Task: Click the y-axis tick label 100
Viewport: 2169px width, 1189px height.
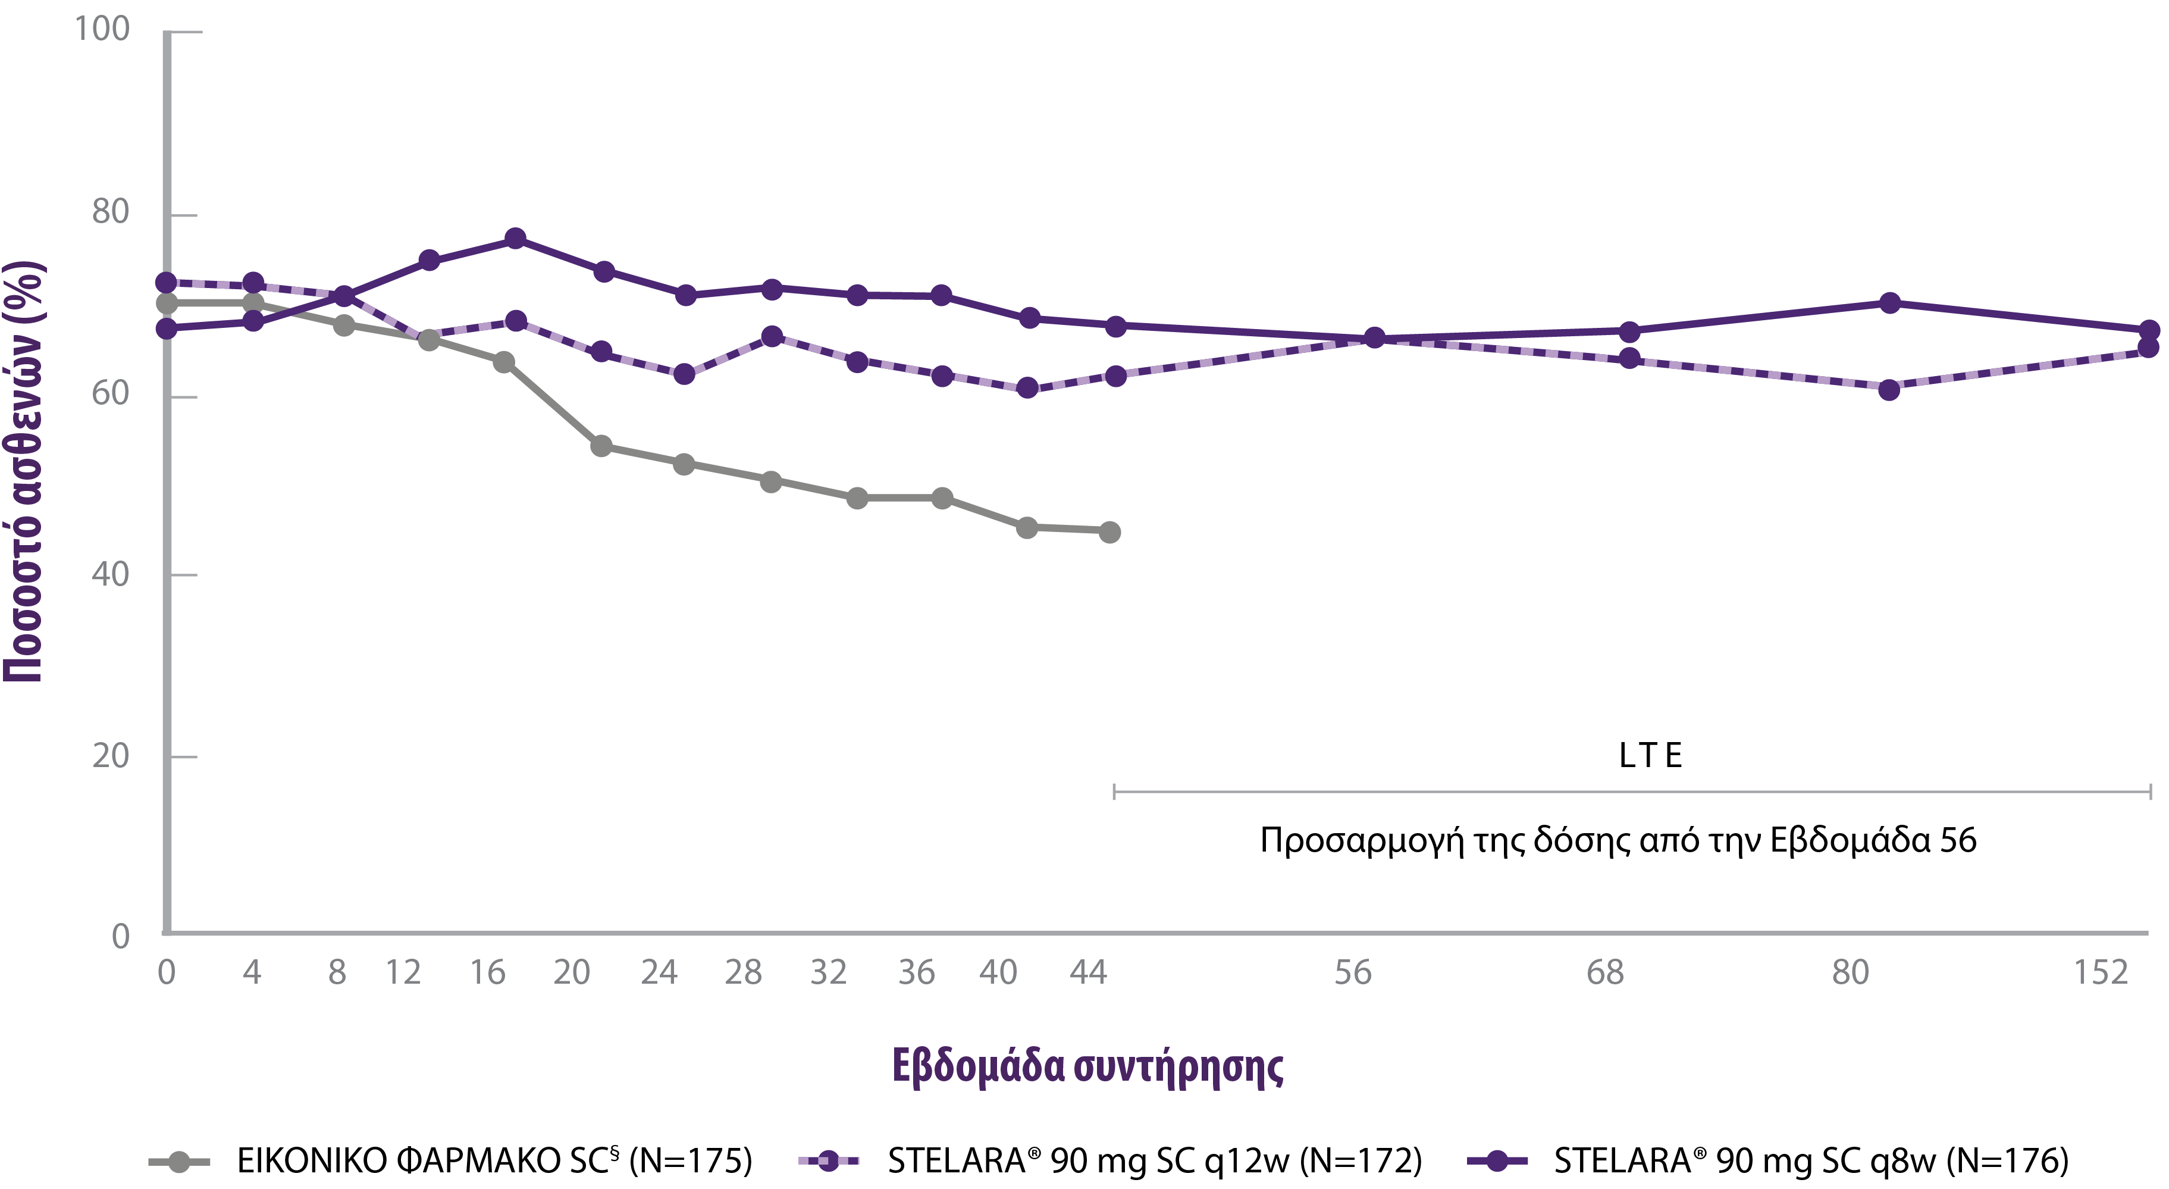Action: point(102,30)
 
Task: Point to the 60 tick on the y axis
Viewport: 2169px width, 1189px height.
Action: point(110,393)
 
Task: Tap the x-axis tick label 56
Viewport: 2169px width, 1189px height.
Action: point(1352,972)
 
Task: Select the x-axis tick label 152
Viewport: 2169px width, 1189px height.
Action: point(2101,972)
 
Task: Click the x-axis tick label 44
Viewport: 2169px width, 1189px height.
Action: point(1088,972)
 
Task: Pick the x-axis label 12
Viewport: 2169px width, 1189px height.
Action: point(403,972)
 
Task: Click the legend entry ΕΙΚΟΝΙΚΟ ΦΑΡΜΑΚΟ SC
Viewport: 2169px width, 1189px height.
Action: point(494,1161)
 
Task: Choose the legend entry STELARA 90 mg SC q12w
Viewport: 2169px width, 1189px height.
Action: point(1154,1161)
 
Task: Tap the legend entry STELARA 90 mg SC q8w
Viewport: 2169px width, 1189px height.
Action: point(1810,1161)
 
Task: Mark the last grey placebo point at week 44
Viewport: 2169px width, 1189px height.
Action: point(1109,532)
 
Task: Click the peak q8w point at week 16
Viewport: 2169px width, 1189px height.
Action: point(515,239)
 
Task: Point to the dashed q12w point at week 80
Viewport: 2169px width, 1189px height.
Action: point(1889,390)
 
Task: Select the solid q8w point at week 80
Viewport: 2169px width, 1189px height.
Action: point(1889,303)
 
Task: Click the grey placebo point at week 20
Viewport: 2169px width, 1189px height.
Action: point(601,446)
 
